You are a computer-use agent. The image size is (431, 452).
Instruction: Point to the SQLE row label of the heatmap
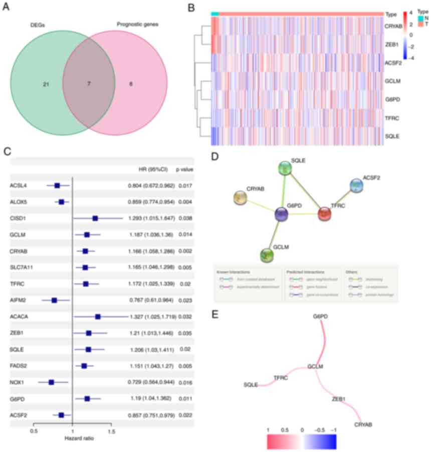394,135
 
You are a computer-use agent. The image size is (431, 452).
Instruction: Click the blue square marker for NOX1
51,382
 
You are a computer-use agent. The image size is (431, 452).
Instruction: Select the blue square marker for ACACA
98,317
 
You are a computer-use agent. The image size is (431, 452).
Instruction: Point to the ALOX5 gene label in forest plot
18,202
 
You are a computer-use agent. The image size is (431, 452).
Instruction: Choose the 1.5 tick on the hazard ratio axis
111,430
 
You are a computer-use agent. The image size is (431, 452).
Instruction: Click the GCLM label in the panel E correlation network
315,366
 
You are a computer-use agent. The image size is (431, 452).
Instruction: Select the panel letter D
215,157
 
